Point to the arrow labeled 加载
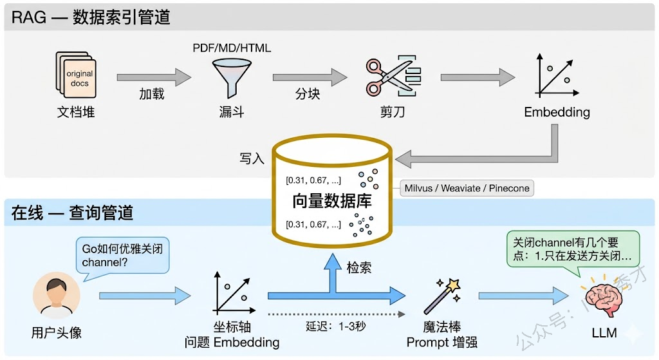click(x=153, y=77)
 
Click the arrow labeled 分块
click(x=309, y=77)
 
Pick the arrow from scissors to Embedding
click(x=478, y=77)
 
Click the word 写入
click(x=252, y=158)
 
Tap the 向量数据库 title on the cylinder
click(x=332, y=200)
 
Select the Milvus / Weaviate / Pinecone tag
click(x=467, y=189)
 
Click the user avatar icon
click(x=56, y=297)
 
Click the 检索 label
click(x=358, y=267)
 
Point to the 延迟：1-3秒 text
click(x=335, y=326)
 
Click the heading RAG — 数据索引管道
click(x=91, y=17)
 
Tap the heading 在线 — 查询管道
click(x=72, y=213)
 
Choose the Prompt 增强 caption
click(x=441, y=342)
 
